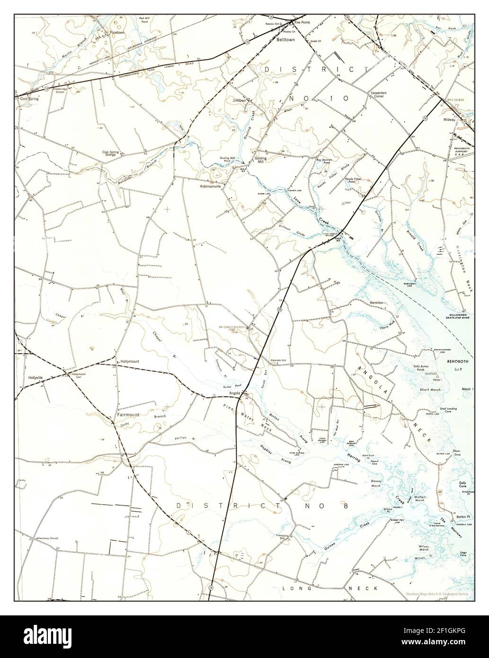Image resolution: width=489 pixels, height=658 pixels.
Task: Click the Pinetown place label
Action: [x=116, y=33]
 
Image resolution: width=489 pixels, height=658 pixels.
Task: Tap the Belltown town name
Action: [x=285, y=40]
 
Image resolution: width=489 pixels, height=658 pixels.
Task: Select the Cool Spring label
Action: [x=29, y=99]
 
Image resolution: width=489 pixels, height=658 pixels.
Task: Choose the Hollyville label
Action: [x=36, y=378]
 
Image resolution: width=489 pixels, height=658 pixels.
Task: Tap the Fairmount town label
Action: [x=128, y=415]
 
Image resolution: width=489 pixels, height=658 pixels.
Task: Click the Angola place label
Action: [x=235, y=393]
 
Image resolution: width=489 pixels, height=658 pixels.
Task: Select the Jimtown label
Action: [x=239, y=100]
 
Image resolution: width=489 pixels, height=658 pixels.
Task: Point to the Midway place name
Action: [x=449, y=120]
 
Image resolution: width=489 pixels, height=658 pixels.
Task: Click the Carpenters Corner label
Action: [x=379, y=94]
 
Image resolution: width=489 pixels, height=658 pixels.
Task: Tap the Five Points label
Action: [x=303, y=22]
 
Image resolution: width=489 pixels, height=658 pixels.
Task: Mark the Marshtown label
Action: [x=379, y=302]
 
